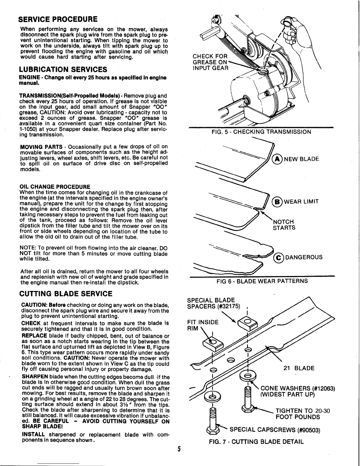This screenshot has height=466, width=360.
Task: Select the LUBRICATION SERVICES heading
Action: coord(63,69)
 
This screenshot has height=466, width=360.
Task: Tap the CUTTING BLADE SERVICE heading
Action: coord(66,294)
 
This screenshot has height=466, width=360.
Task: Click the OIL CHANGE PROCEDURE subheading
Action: coord(55,187)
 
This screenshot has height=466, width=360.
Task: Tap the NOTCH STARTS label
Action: coord(284,225)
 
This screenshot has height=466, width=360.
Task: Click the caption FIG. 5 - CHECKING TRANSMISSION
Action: coord(261,132)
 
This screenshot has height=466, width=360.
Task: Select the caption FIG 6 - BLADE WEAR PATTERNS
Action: coord(262,281)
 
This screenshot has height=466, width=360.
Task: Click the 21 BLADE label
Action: coord(299,368)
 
